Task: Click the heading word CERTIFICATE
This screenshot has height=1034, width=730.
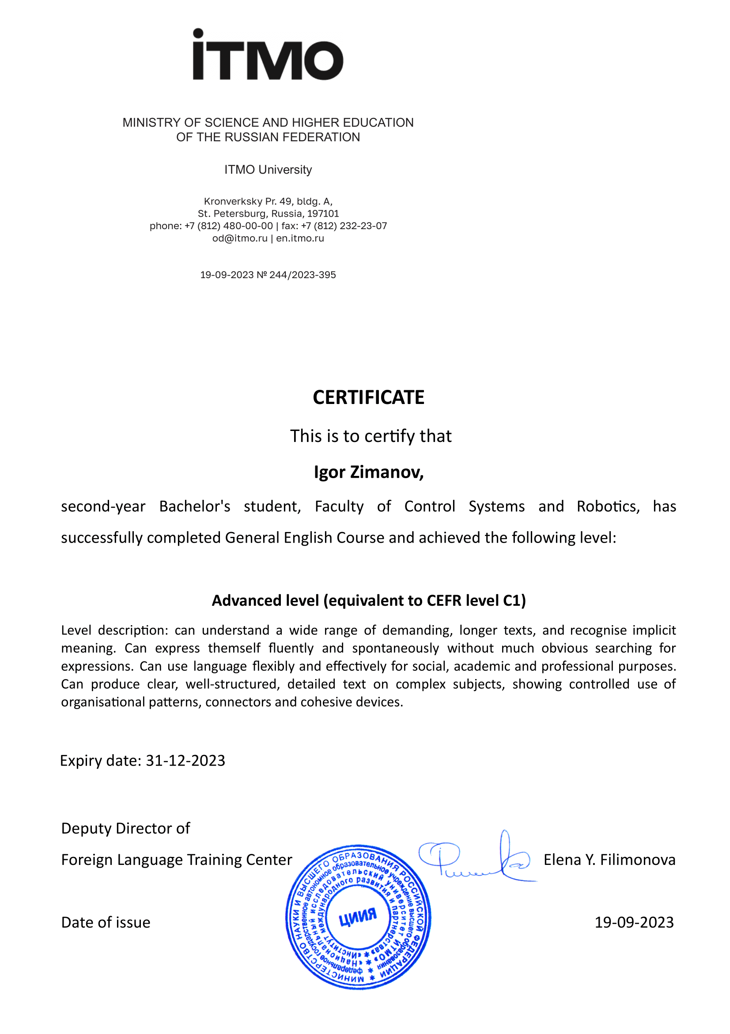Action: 368,397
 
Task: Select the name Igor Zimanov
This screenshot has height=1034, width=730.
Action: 368,472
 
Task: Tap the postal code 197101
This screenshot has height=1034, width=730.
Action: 323,213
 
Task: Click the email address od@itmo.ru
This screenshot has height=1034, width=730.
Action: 240,238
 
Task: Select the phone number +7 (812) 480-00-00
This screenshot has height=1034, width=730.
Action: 228,226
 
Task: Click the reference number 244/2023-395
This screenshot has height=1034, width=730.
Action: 302,275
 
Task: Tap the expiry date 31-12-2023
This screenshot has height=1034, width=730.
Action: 185,760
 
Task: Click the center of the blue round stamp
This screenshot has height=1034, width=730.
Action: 358,917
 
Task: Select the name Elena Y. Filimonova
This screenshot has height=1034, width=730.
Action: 609,860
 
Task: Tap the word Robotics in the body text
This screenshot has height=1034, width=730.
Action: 608,506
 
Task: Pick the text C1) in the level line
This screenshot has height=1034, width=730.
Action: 514,600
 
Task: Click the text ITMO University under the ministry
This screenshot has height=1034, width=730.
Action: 268,170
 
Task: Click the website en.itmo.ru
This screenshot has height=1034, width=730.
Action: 300,238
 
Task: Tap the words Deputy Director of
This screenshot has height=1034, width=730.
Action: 126,828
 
